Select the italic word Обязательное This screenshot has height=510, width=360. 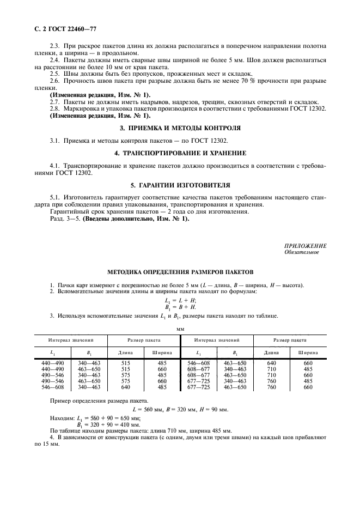click(x=301, y=252)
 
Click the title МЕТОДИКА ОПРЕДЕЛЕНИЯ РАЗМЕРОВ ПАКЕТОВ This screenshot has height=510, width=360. click(x=180, y=272)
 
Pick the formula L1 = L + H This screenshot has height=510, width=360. click(x=180, y=300)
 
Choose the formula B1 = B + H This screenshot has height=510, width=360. click(x=180, y=307)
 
